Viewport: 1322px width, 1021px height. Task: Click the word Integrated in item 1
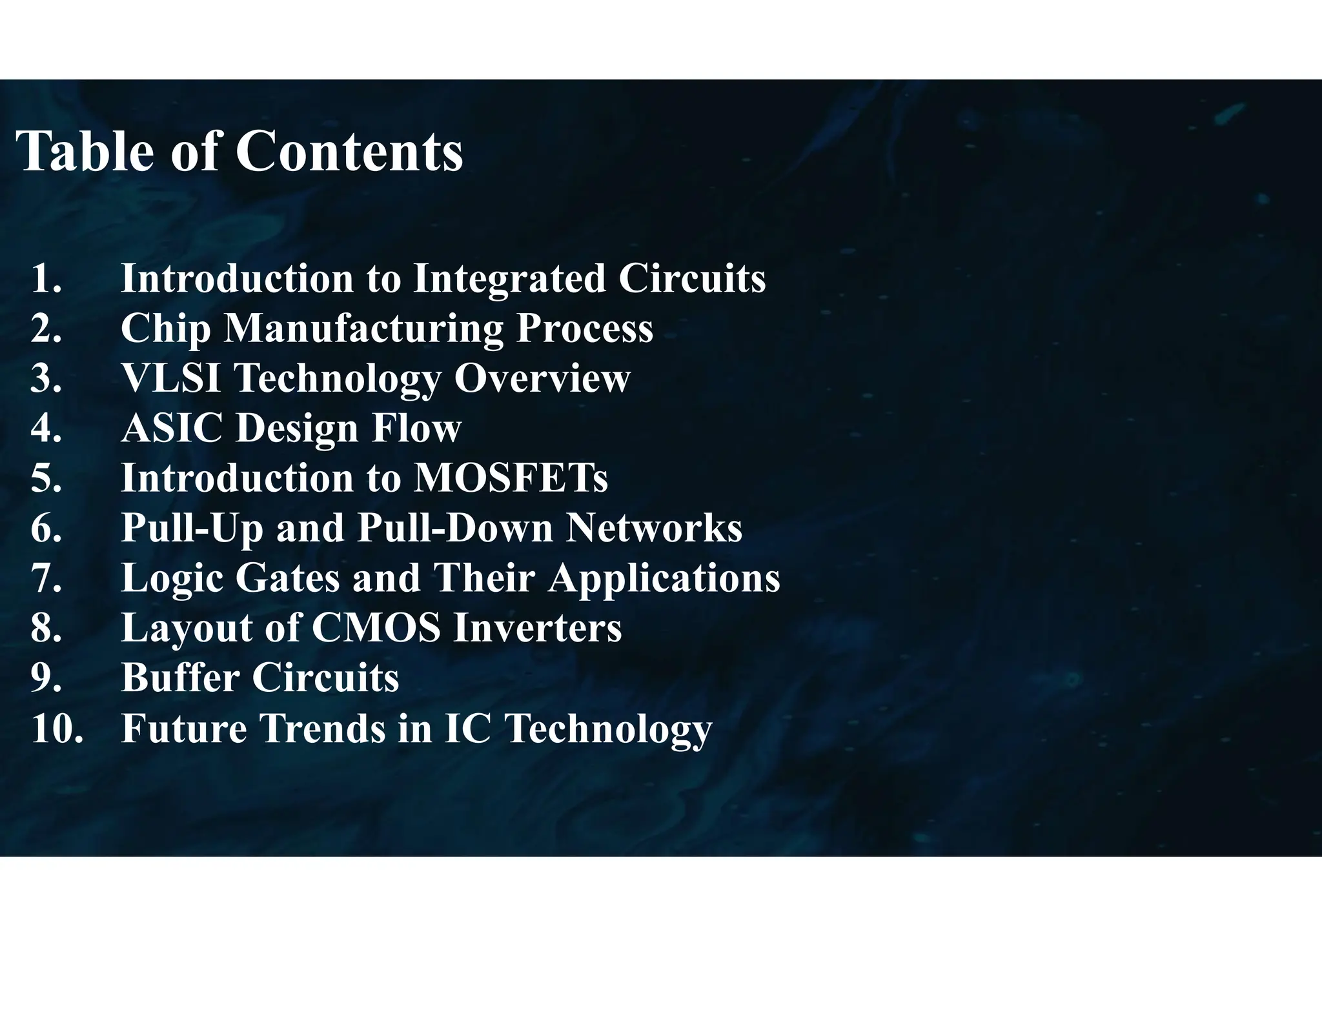coord(509,278)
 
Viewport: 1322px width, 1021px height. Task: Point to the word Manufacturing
coord(363,328)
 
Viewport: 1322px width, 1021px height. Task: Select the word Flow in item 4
coord(416,428)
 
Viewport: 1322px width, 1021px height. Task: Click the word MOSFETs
coord(510,478)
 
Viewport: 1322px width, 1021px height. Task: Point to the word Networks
coord(654,528)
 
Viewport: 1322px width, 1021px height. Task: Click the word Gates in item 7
coord(287,578)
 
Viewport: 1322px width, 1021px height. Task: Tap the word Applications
coord(664,578)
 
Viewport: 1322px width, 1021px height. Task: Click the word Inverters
coord(537,628)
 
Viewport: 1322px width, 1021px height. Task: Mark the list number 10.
coord(57,728)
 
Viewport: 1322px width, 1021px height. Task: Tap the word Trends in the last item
coord(322,728)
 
